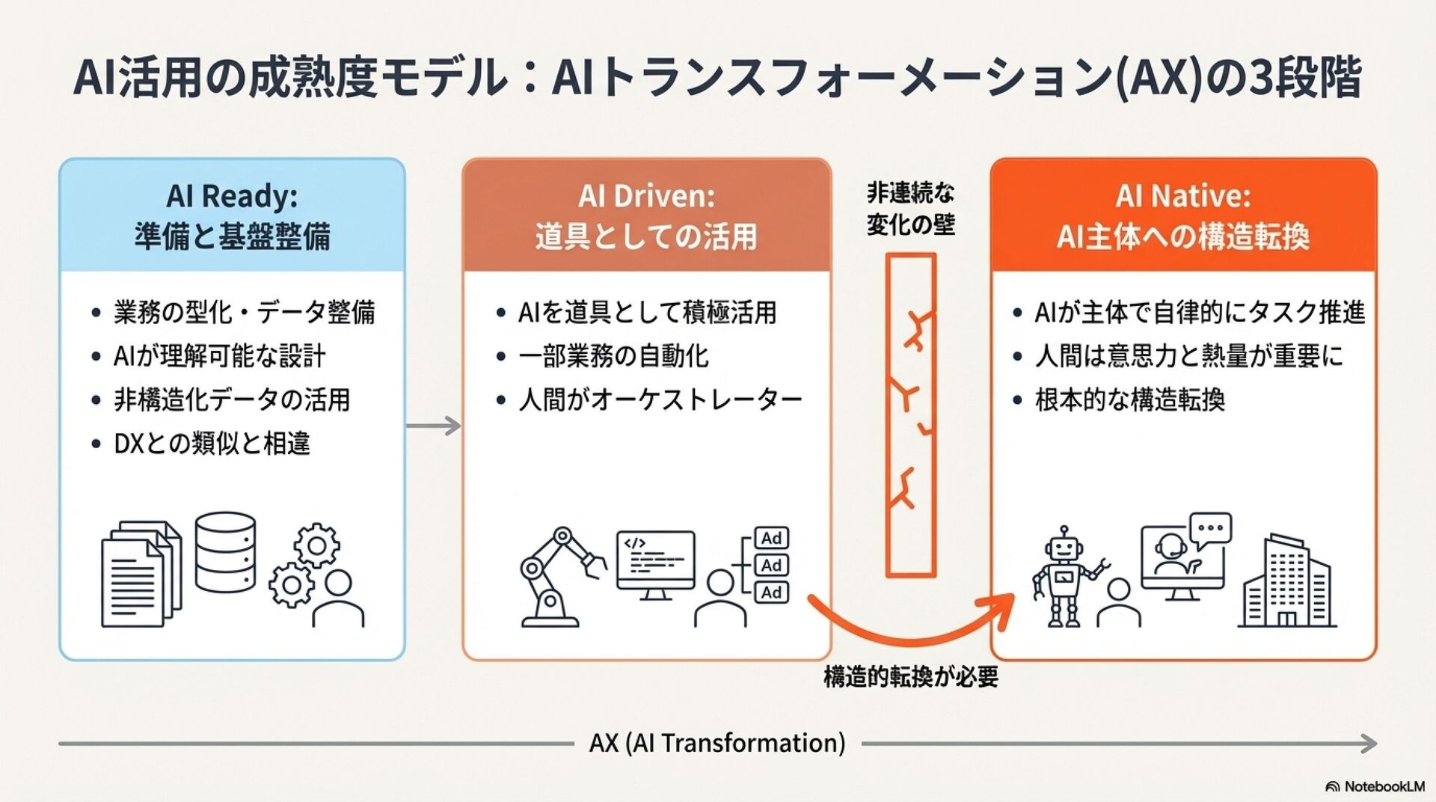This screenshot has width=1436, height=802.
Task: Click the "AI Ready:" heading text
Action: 232,196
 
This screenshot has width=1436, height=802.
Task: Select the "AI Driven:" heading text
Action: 646,196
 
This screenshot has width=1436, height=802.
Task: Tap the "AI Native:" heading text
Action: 1183,196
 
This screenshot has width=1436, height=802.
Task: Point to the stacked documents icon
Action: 141,573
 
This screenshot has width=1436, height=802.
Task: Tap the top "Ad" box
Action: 771,538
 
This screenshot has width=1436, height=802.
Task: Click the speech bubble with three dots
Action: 1210,527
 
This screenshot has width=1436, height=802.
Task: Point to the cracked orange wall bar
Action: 910,415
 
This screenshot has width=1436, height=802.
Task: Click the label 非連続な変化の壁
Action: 910,209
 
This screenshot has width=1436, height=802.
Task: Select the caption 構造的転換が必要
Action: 910,677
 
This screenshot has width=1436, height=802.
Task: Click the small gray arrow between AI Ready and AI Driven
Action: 434,426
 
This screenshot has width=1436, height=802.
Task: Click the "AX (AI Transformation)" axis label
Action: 717,743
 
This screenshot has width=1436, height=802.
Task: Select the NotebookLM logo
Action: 1375,786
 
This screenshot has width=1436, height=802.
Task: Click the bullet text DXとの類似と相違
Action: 212,444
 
